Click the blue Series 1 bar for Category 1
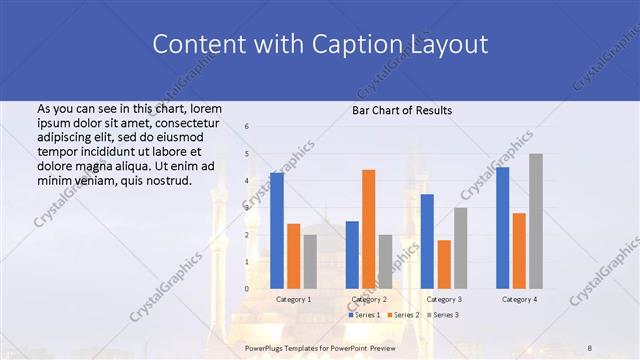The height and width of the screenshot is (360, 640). point(277,231)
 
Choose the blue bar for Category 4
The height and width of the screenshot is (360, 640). point(502,228)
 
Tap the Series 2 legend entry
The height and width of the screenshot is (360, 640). point(404,315)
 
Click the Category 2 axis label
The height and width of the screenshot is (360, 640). point(369,299)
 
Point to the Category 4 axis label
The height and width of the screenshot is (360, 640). point(519,299)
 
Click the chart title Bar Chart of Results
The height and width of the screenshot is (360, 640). point(402,110)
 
